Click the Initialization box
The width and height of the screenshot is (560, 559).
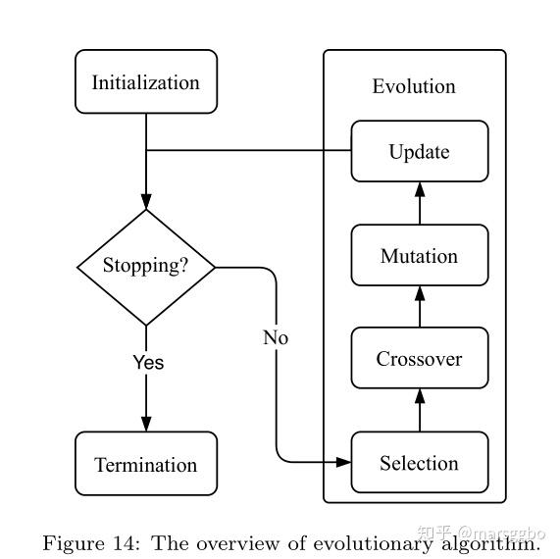click(146, 81)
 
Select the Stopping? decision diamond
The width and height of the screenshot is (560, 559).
click(146, 267)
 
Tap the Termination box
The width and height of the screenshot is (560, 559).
click(146, 464)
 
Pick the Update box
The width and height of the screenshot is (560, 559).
click(420, 151)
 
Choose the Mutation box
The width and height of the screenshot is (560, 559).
click(420, 255)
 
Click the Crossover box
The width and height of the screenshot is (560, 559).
click(420, 358)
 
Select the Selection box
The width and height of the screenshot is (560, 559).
click(420, 462)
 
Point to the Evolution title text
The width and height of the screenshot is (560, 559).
click(414, 86)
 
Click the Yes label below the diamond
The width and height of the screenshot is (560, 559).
click(148, 362)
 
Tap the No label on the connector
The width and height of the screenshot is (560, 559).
click(276, 337)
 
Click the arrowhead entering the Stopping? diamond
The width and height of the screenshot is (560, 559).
click(146, 202)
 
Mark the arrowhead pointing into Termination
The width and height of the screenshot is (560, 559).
click(146, 424)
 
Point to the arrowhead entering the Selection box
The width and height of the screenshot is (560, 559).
click(343, 462)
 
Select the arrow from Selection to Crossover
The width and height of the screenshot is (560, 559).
click(420, 410)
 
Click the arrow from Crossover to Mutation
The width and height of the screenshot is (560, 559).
click(420, 306)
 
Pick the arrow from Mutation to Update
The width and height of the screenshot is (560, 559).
click(420, 203)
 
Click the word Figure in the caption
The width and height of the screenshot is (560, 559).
click(74, 543)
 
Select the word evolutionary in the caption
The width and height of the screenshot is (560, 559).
click(373, 544)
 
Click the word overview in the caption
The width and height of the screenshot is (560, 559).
click(237, 543)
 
